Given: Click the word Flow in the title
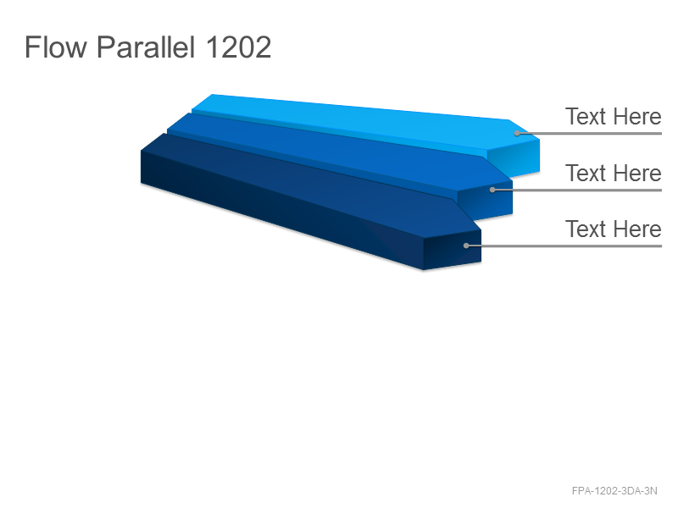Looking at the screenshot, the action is coord(56,47).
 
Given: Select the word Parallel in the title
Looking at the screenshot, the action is coord(146,47).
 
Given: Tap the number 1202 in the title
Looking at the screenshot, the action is coord(238,47).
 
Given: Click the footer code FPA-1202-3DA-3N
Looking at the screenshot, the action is coord(614,491).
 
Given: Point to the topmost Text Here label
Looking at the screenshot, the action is coord(613,117).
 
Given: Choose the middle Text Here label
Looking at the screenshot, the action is coord(613,173).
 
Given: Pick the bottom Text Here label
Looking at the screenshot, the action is coord(613,229).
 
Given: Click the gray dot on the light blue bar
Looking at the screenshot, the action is coord(517,133).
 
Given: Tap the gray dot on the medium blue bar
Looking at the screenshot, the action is coord(492,190).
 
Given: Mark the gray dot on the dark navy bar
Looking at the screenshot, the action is coord(465,246).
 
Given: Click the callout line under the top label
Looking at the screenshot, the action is coord(589,134).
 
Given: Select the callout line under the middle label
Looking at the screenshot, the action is coord(577,190).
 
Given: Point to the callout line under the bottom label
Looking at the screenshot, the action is coord(564,246).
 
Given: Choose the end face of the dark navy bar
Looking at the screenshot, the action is coord(453,250).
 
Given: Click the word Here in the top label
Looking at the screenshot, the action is coord(637,117).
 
